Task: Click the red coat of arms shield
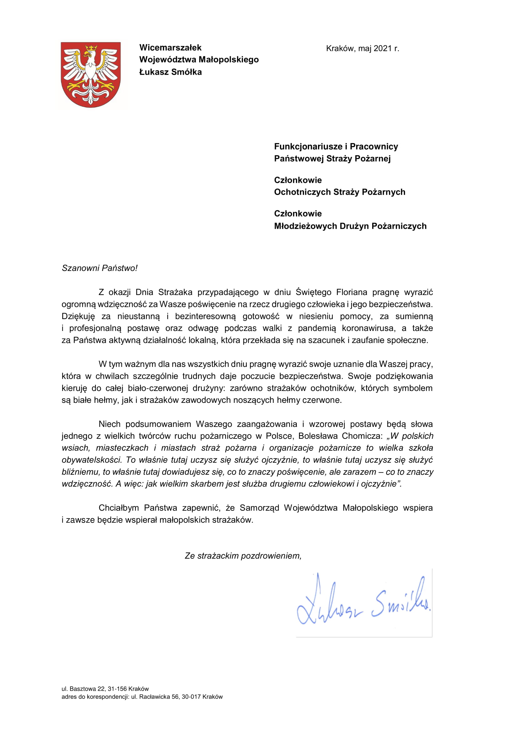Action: pos(91,74)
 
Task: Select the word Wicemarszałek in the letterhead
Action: pos(170,48)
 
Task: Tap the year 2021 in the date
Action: pos(382,48)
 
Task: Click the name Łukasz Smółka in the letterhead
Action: pos(170,72)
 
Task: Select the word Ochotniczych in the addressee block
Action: pos(302,192)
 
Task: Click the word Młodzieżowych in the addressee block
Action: pos(306,226)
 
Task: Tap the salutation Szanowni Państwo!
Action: pos(99,268)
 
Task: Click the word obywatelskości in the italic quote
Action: pos(91,460)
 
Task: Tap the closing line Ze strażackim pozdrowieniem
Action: pos(243,556)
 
